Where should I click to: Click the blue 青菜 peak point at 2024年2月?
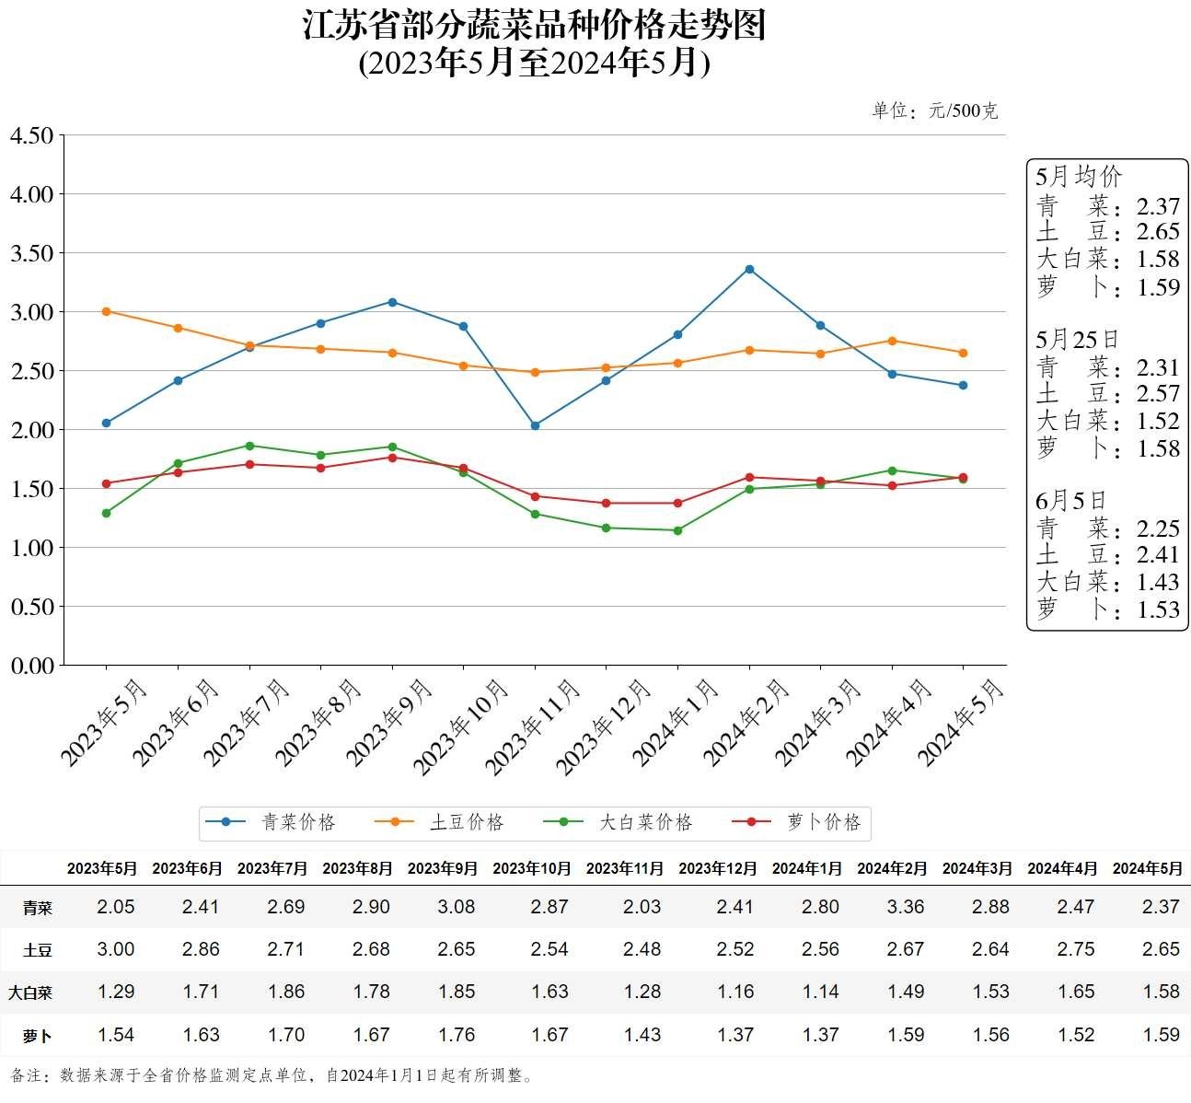click(x=749, y=269)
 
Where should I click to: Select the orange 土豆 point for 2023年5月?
click(x=106, y=311)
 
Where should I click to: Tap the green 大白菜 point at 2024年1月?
click(x=677, y=530)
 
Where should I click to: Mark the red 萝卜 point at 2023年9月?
click(x=392, y=458)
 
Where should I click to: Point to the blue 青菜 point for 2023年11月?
click(x=535, y=425)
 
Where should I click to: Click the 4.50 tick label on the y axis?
click(x=32, y=135)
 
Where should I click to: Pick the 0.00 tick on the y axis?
click(x=32, y=665)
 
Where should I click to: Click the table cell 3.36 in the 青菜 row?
click(x=906, y=907)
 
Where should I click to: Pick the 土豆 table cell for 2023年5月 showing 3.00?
click(x=116, y=949)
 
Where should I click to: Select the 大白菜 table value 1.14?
click(x=820, y=992)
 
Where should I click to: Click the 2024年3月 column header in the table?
click(x=977, y=868)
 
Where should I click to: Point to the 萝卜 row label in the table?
click(x=38, y=1036)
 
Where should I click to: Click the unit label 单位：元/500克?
click(x=934, y=111)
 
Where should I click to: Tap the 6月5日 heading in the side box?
click(x=1070, y=501)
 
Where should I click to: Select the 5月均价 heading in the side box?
click(x=1079, y=177)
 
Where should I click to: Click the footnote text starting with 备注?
click(x=272, y=1075)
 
